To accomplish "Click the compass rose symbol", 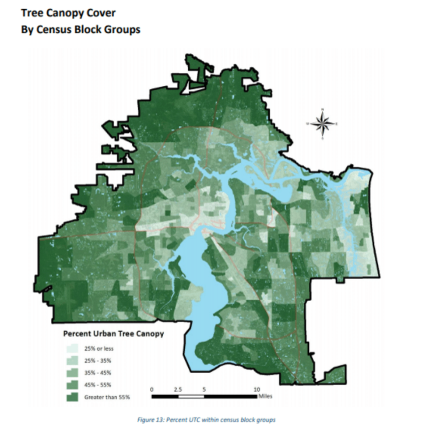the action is click(322, 124).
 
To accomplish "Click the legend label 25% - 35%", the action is click(98, 361).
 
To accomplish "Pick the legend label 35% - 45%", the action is click(98, 373).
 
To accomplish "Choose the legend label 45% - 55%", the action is click(98, 385).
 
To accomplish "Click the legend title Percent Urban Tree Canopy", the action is click(113, 334).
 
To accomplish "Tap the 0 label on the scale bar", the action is click(151, 389).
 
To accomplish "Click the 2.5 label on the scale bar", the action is click(178, 389).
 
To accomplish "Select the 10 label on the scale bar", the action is click(257, 389).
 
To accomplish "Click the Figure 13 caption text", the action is click(205, 420).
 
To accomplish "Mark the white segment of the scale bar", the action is click(191, 397).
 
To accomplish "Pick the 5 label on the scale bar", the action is click(204, 389).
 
